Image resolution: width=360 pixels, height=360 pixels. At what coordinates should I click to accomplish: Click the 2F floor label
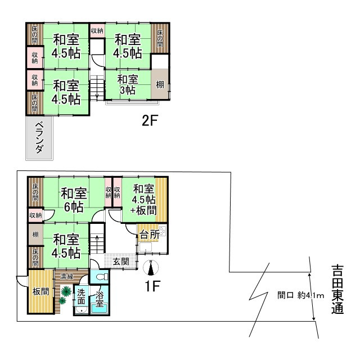pyautogui.click(x=148, y=120)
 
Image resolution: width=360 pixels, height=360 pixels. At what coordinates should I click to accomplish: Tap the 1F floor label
pyautogui.click(x=153, y=286)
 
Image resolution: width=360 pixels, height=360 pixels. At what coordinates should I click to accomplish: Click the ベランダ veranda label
pyautogui.click(x=39, y=137)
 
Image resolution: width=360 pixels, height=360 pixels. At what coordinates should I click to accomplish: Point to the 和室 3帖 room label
pyautogui.click(x=127, y=84)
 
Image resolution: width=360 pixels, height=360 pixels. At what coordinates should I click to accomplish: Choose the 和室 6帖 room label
pyautogui.click(x=73, y=200)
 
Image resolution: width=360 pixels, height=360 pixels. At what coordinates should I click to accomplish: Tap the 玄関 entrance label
pyautogui.click(x=121, y=262)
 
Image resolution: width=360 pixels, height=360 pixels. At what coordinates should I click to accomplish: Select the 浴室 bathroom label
pyautogui.click(x=100, y=299)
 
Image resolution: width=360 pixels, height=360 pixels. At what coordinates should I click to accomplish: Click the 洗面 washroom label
pyautogui.click(x=82, y=296)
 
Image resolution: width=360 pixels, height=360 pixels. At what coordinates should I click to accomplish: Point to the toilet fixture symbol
pyautogui.click(x=101, y=277)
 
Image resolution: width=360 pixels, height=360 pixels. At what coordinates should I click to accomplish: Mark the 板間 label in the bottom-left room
pyautogui.click(x=39, y=291)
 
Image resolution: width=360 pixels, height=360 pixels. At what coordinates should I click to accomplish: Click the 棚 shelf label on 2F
pyautogui.click(x=160, y=85)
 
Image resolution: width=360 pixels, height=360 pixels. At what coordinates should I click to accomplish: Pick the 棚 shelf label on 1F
pyautogui.click(x=35, y=235)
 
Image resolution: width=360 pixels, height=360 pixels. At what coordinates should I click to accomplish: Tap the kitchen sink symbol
pyautogui.click(x=162, y=230)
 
